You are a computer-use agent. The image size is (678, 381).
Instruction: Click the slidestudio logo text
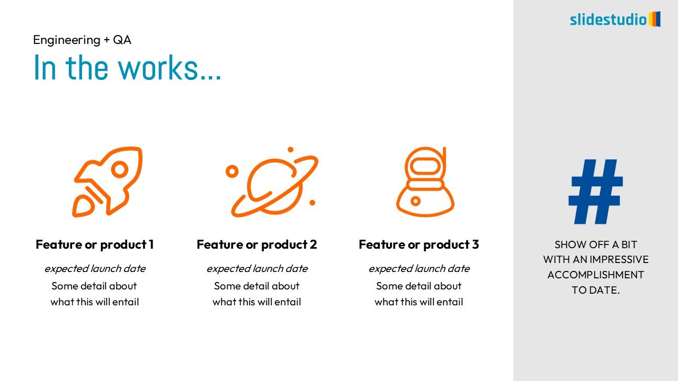coord(608,20)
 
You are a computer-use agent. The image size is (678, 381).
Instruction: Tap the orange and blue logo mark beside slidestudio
coord(654,19)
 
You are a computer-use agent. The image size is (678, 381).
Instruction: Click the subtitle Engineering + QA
coord(82,40)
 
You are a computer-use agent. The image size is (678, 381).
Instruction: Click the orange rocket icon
coord(107,182)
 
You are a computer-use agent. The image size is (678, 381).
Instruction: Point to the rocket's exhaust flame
coord(83,206)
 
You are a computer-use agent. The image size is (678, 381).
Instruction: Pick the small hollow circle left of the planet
coord(232,171)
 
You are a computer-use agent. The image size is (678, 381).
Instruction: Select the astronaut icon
coord(425,182)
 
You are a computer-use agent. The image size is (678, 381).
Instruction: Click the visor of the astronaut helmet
coord(425,166)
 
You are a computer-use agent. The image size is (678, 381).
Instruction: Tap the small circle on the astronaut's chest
coord(416,201)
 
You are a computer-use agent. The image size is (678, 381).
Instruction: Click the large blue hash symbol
coord(595,192)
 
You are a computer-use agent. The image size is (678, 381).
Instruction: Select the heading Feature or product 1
coord(95,244)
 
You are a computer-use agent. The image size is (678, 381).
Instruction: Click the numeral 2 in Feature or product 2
coord(313,244)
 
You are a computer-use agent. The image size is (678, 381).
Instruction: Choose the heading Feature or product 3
coord(419,244)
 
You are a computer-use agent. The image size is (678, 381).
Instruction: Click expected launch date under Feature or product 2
coord(257,268)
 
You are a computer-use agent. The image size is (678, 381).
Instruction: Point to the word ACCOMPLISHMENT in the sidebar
coord(596,275)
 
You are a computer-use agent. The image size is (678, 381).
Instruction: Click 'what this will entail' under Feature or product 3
coord(419,302)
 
